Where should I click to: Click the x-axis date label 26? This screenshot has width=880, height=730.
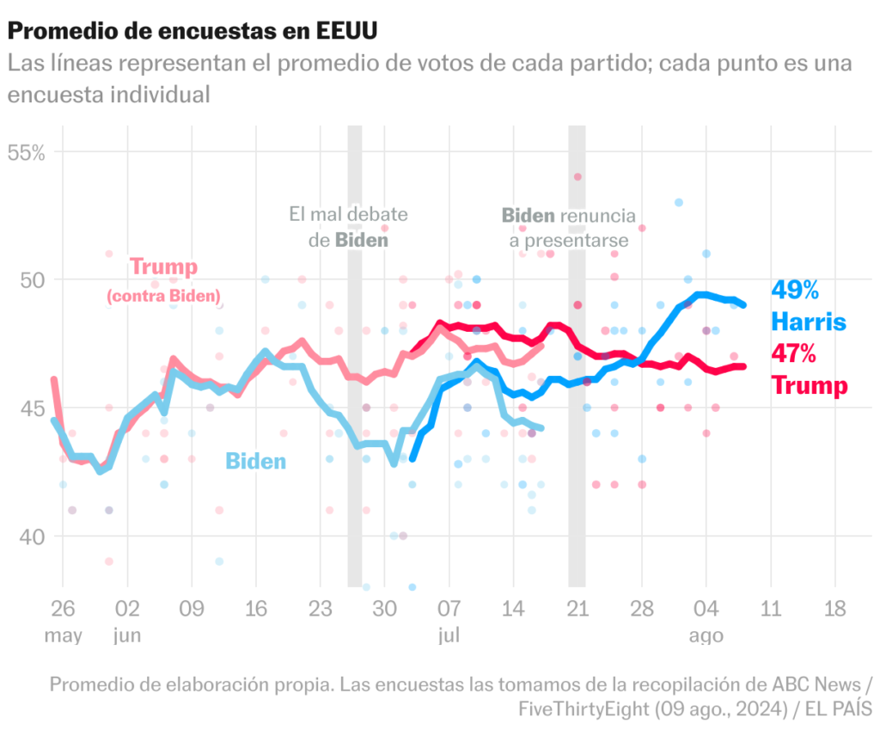63,609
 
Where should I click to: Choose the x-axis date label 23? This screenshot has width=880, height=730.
321,609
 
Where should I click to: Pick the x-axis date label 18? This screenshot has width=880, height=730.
834,609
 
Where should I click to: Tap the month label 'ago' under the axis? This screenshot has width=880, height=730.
706,636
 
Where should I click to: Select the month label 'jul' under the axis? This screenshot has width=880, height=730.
449,636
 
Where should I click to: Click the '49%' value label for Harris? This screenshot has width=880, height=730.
795,291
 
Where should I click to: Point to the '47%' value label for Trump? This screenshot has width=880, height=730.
793,353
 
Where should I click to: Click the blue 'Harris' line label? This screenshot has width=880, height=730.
808,322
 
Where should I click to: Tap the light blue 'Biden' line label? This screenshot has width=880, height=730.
255,462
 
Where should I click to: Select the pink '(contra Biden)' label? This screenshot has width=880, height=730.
163,297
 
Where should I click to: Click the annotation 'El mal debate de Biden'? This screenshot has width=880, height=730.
348,227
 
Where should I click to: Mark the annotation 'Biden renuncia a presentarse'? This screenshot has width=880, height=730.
568,228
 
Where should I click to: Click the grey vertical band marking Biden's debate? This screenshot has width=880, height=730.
354,387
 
